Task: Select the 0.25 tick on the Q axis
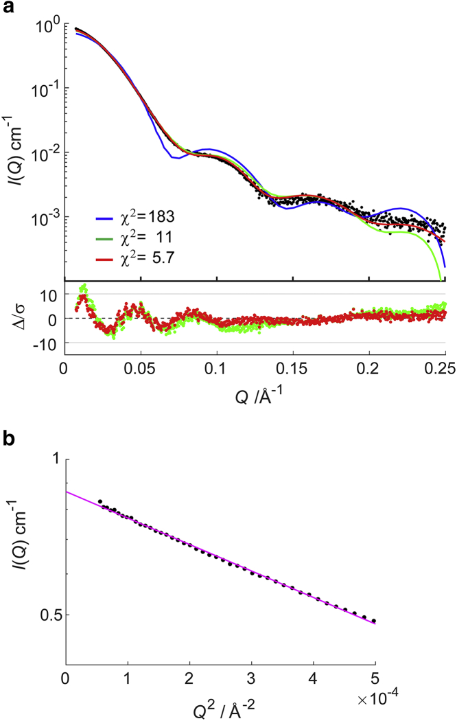pyautogui.click(x=444, y=360)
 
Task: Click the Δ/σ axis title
pyautogui.click(x=14, y=319)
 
